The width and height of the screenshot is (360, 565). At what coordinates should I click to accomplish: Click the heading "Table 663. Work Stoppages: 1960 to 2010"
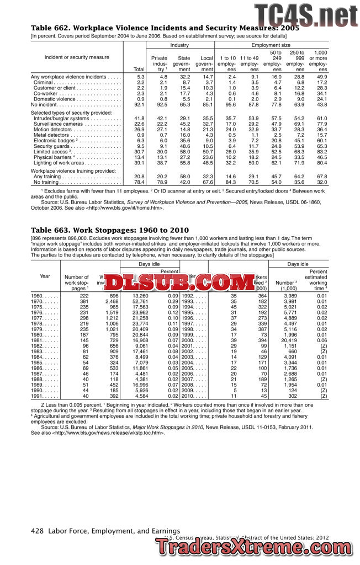click(x=102, y=230)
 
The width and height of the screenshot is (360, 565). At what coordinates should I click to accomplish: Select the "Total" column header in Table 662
click(x=139, y=70)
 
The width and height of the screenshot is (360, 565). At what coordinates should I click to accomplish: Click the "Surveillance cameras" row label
click(x=58, y=124)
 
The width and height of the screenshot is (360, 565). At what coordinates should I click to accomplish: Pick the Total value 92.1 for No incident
click(x=139, y=104)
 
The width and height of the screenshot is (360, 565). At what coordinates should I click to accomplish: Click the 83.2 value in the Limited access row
click(x=320, y=151)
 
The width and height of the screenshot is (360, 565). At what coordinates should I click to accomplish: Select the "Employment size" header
click(x=271, y=45)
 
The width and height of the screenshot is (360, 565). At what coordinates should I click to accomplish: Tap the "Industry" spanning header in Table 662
click(x=179, y=45)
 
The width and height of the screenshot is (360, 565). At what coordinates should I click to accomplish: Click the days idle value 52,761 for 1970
click(x=139, y=302)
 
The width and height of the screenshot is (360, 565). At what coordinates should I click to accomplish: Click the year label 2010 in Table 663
click(x=189, y=396)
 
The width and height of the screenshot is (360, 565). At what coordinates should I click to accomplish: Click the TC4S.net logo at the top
click(x=305, y=14)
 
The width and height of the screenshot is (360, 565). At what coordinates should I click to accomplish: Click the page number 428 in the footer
click(x=37, y=531)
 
